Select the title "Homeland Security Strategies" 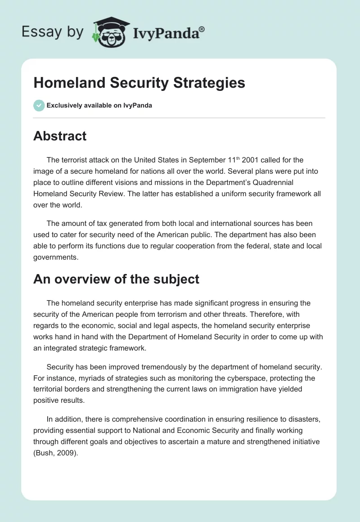coord(139,83)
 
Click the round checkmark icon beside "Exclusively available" coord(39,105)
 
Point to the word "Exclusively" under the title coord(63,106)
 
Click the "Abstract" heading coord(60,136)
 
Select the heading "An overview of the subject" coord(116,279)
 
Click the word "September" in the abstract coord(212,161)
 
